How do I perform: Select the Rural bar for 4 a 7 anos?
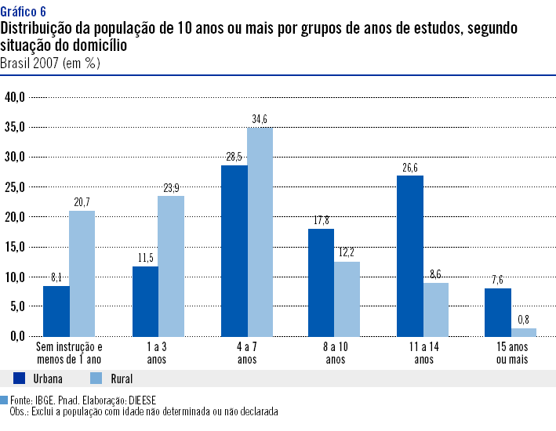260,232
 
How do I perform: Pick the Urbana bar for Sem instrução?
56,311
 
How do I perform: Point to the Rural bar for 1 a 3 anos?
170,266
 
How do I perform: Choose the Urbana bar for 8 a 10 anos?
322,282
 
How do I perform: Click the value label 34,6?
260,119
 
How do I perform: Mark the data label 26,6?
410,168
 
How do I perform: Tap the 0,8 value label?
525,320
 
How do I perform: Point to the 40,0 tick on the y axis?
16,97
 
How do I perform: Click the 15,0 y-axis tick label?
16,247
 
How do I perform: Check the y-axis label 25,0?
16,187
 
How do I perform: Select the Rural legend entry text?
100,378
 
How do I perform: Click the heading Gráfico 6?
23,11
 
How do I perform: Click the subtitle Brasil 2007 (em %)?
50,62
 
